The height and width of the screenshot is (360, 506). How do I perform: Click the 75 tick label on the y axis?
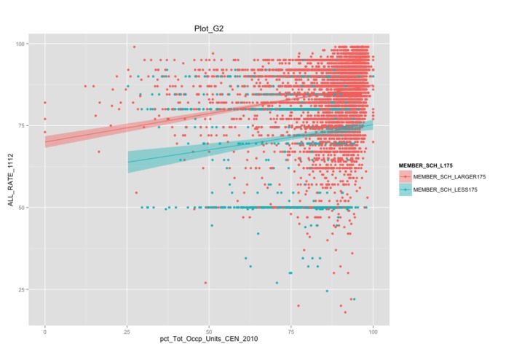click(21, 125)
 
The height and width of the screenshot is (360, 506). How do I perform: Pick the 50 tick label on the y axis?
click(21, 207)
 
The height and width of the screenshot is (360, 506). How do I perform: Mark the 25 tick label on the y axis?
click(21, 289)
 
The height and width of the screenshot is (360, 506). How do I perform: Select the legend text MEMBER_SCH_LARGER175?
click(449, 177)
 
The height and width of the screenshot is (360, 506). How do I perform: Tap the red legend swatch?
click(406, 177)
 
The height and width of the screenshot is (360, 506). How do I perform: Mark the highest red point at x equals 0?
click(44, 103)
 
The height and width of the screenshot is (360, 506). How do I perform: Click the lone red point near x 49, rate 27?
click(205, 283)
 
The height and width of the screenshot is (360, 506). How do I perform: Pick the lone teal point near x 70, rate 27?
click(277, 283)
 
